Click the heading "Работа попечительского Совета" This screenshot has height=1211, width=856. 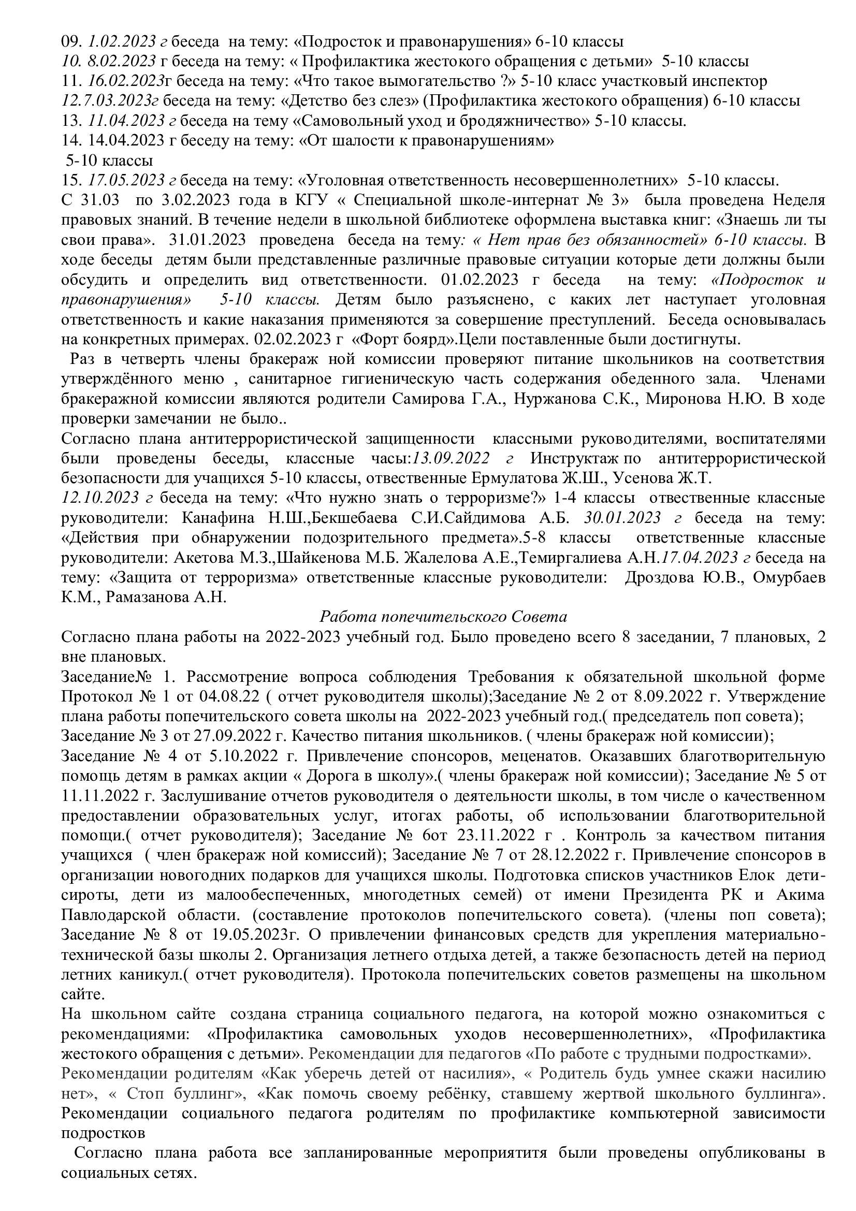pos(443,617)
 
